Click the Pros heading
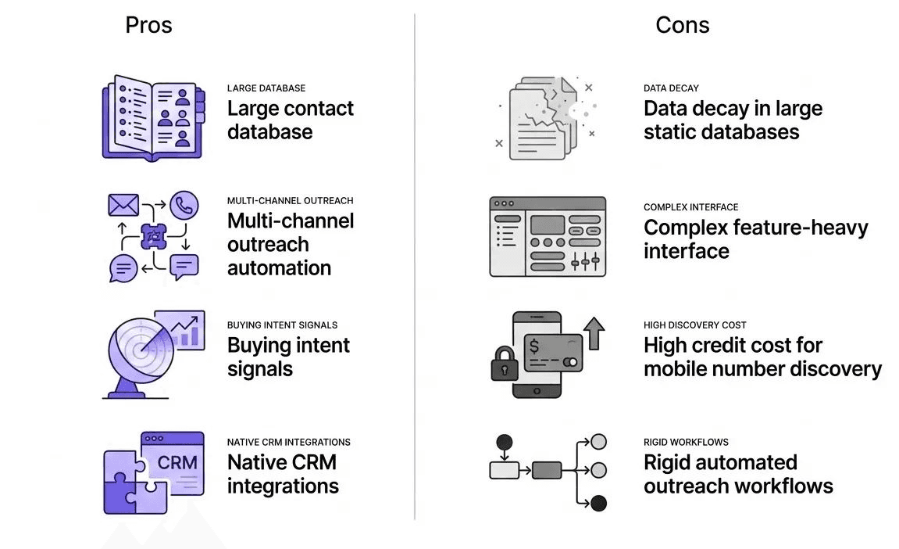pos(148,25)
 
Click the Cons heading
pos(682,25)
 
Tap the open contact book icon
pos(153,118)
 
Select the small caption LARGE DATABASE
pos(266,88)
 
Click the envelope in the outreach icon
pos(123,206)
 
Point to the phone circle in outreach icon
pos(184,206)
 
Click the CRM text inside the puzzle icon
pos(177,462)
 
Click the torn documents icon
pos(544,117)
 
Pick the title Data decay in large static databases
pos(733,120)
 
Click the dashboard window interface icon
pos(548,236)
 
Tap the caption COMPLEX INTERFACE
pos(690,207)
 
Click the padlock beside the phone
pos(505,364)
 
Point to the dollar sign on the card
pos(534,345)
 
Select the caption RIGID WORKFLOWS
pos(686,442)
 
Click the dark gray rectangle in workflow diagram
pos(547,470)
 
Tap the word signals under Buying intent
pos(260,369)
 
